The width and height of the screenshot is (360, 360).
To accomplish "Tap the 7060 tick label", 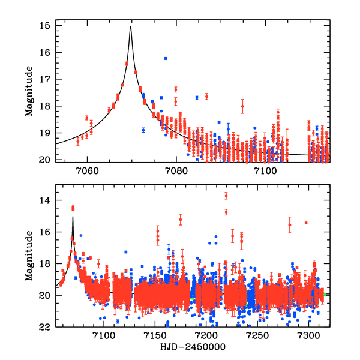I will tap(86, 170).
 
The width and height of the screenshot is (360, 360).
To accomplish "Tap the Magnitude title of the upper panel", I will tap(28, 93).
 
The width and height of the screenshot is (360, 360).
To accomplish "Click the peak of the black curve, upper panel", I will tap(130, 26).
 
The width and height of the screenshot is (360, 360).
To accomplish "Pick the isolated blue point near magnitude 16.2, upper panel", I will tap(166, 58).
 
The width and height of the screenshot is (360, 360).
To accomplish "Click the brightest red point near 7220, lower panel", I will tap(226, 195).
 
